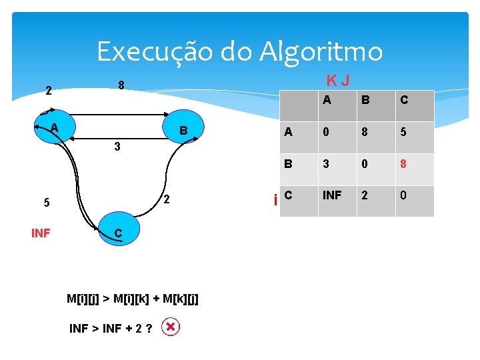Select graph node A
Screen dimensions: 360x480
[x=53, y=128]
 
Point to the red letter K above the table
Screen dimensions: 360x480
[x=331, y=81]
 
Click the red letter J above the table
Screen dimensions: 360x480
[x=345, y=81]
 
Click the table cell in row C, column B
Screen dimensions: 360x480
[x=364, y=196]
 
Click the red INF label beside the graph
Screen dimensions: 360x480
[x=41, y=233]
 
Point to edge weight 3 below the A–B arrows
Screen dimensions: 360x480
[x=117, y=147]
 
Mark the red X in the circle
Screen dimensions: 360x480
[x=171, y=327]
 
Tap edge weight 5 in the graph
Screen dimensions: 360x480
[x=46, y=203]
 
